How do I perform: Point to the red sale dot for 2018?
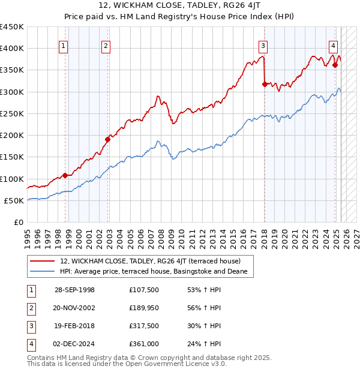coord(265,85)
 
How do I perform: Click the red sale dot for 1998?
coord(65,176)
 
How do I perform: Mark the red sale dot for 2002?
coord(107,140)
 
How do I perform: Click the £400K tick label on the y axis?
coord(12,49)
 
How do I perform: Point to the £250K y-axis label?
coord(12,113)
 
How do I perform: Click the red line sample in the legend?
coord(43,262)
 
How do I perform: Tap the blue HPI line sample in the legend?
coord(43,272)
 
